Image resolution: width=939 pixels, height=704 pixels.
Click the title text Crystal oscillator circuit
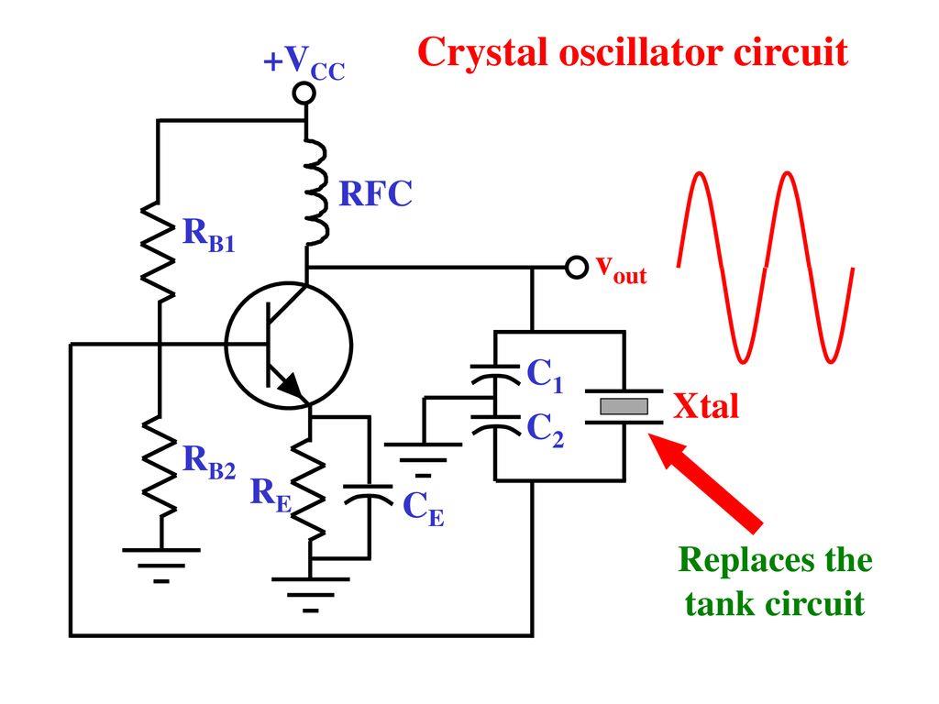[632, 54]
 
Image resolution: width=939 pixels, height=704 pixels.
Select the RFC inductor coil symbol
[315, 193]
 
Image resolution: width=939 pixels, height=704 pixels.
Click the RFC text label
[376, 194]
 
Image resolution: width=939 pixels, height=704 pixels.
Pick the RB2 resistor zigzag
[159, 468]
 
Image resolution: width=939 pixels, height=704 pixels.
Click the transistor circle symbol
[288, 344]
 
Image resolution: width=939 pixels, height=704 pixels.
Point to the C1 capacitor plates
[494, 373]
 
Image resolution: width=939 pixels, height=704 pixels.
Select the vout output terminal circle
[576, 267]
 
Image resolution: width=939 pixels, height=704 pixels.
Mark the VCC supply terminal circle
[305, 93]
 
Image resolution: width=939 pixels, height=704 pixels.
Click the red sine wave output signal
[766, 266]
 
